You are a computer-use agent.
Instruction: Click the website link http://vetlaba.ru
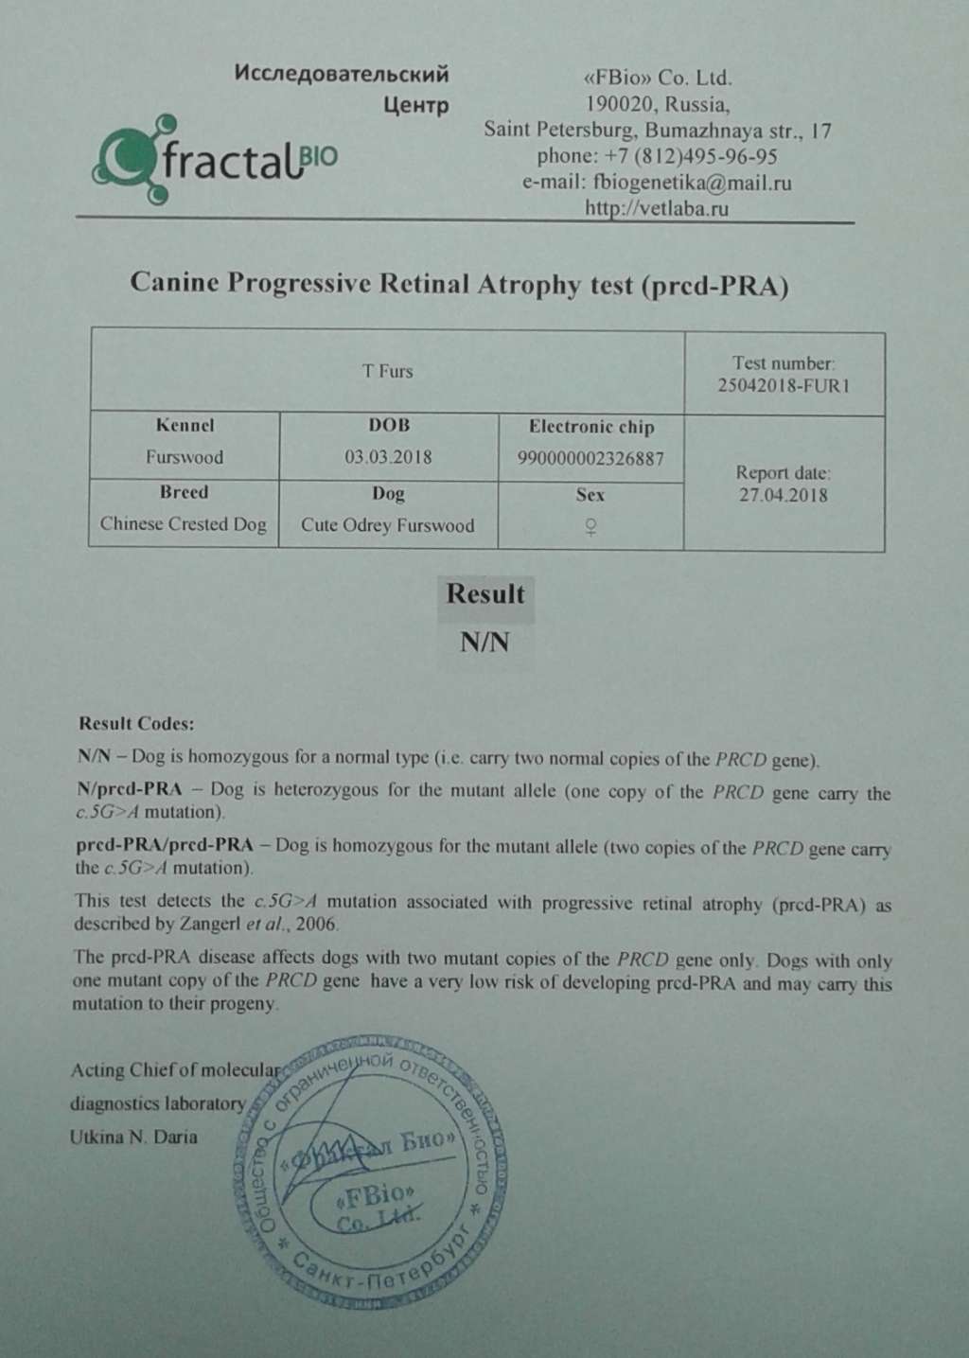point(657,208)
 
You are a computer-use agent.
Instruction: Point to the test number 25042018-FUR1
point(784,386)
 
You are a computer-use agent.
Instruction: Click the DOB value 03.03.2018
point(388,458)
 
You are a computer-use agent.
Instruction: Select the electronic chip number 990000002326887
point(590,459)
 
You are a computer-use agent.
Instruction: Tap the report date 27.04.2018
point(784,495)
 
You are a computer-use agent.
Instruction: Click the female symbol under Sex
point(590,528)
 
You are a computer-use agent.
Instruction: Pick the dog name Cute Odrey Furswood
point(388,525)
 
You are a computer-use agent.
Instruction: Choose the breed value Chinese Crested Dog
point(184,524)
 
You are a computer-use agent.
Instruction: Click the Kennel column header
point(185,426)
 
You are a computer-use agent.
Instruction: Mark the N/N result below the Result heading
point(484,643)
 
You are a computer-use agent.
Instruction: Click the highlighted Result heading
point(484,595)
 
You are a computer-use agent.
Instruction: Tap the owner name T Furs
point(387,371)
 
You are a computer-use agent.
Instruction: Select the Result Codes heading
point(136,724)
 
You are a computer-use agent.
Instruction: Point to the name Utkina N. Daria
point(133,1138)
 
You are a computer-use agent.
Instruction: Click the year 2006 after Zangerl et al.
point(318,924)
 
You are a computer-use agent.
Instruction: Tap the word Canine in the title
point(174,283)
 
